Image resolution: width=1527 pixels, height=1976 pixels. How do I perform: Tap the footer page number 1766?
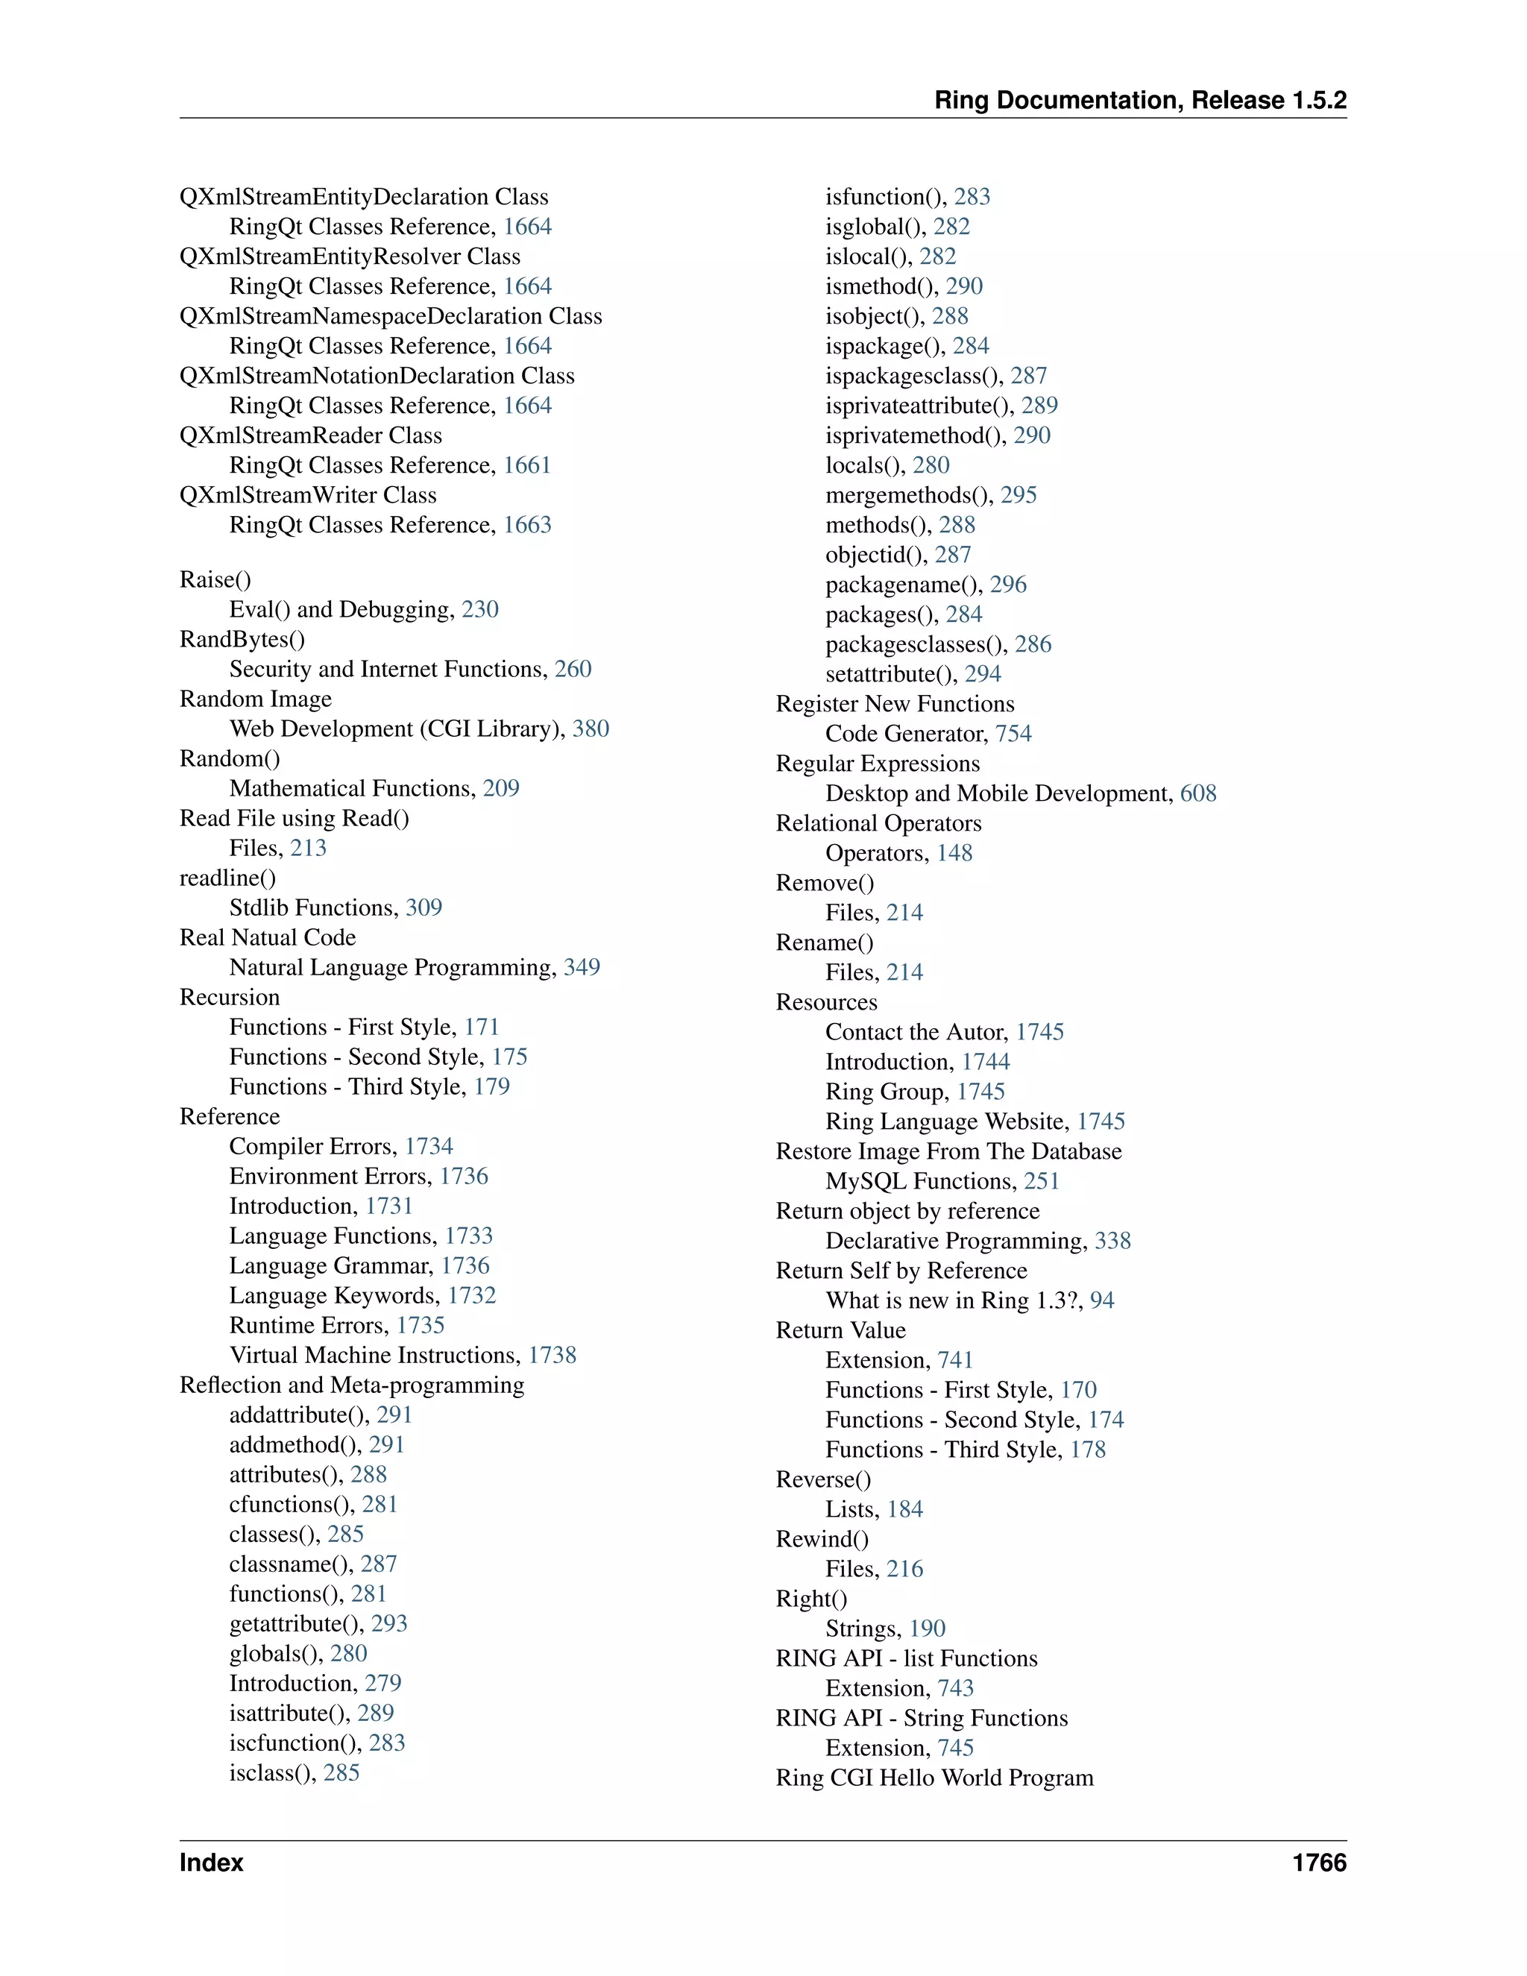pos(1319,1862)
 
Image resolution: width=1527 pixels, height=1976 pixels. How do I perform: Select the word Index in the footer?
pos(212,1862)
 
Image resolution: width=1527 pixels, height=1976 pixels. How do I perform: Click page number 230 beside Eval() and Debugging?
pos(479,609)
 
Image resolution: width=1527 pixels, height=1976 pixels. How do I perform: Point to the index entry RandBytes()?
pos(242,639)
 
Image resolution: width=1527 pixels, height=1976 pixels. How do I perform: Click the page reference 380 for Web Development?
pos(590,729)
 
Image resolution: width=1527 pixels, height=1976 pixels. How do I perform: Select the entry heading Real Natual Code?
pos(268,937)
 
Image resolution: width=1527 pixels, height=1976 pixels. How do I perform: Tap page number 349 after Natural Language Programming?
pos(582,967)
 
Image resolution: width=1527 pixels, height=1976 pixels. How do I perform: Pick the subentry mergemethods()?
pos(908,495)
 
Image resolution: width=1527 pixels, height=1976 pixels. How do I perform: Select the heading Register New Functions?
pos(895,704)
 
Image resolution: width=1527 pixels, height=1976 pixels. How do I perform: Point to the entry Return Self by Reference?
pos(901,1271)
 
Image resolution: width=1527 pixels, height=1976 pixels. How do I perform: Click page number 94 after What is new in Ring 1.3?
pos(1102,1300)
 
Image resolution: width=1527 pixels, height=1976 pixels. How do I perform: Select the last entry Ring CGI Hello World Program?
pos(934,1777)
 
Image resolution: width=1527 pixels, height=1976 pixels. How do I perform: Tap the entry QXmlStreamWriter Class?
pos(308,495)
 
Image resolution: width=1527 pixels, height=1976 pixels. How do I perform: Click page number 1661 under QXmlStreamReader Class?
pos(526,465)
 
